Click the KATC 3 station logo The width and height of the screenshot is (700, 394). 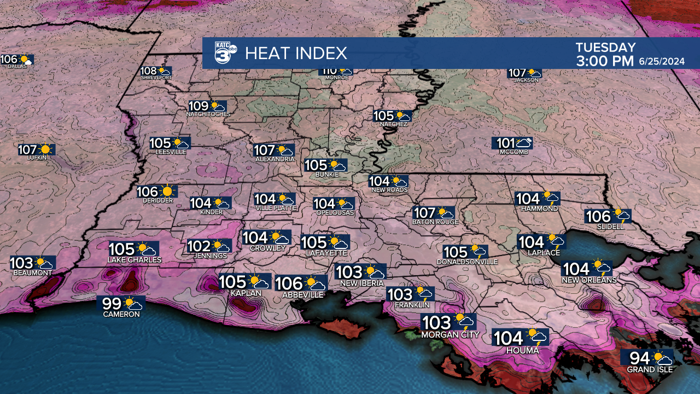[x=224, y=53]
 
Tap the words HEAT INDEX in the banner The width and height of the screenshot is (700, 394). [x=296, y=53]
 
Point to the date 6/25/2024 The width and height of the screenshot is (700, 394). [x=662, y=62]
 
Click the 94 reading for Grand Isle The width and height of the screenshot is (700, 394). [x=640, y=358]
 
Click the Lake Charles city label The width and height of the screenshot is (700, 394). [x=135, y=260]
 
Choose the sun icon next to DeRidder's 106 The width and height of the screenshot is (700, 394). [x=167, y=191]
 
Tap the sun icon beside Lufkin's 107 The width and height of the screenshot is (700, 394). [x=45, y=149]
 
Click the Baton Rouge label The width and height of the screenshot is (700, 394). [x=435, y=222]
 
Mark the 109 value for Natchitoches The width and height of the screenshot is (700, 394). [x=199, y=106]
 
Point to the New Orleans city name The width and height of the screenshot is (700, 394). [x=589, y=280]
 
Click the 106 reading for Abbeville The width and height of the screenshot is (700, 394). [x=289, y=283]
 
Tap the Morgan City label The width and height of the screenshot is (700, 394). [x=450, y=334]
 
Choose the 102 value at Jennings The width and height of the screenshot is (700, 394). [x=199, y=246]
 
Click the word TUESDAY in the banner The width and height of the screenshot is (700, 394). [x=605, y=48]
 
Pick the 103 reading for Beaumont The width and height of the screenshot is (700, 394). [x=22, y=263]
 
